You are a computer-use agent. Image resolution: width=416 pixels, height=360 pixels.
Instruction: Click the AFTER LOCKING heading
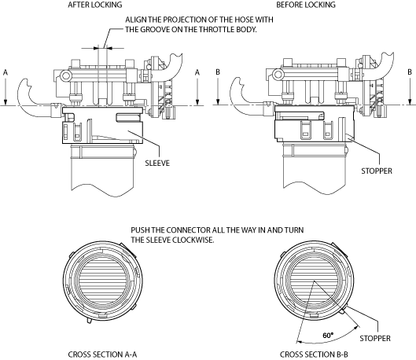95,5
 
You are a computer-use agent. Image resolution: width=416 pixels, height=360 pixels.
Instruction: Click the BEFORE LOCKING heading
306,5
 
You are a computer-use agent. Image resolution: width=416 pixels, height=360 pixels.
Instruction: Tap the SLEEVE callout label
157,163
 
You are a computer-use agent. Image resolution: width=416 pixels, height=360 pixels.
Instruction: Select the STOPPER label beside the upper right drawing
377,171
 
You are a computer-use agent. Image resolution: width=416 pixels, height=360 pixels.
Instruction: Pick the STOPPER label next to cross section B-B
375,338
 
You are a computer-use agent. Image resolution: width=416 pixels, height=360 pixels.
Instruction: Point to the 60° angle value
328,336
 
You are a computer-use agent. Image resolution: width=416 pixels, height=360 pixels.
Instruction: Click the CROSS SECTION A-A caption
102,354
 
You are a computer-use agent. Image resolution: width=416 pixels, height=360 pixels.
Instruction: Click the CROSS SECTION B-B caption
314,354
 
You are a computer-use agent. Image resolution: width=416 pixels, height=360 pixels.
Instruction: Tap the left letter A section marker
6,72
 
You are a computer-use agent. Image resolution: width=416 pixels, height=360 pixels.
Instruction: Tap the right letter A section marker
197,72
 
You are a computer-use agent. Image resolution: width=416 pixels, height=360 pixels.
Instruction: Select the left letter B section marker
218,72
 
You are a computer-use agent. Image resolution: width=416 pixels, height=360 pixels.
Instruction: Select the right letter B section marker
410,72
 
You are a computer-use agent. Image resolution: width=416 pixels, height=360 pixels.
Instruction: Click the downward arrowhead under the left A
6,102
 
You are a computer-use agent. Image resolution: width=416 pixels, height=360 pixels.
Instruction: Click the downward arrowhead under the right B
410,102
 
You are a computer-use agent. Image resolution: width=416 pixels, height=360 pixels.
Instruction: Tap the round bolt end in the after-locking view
65,75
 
